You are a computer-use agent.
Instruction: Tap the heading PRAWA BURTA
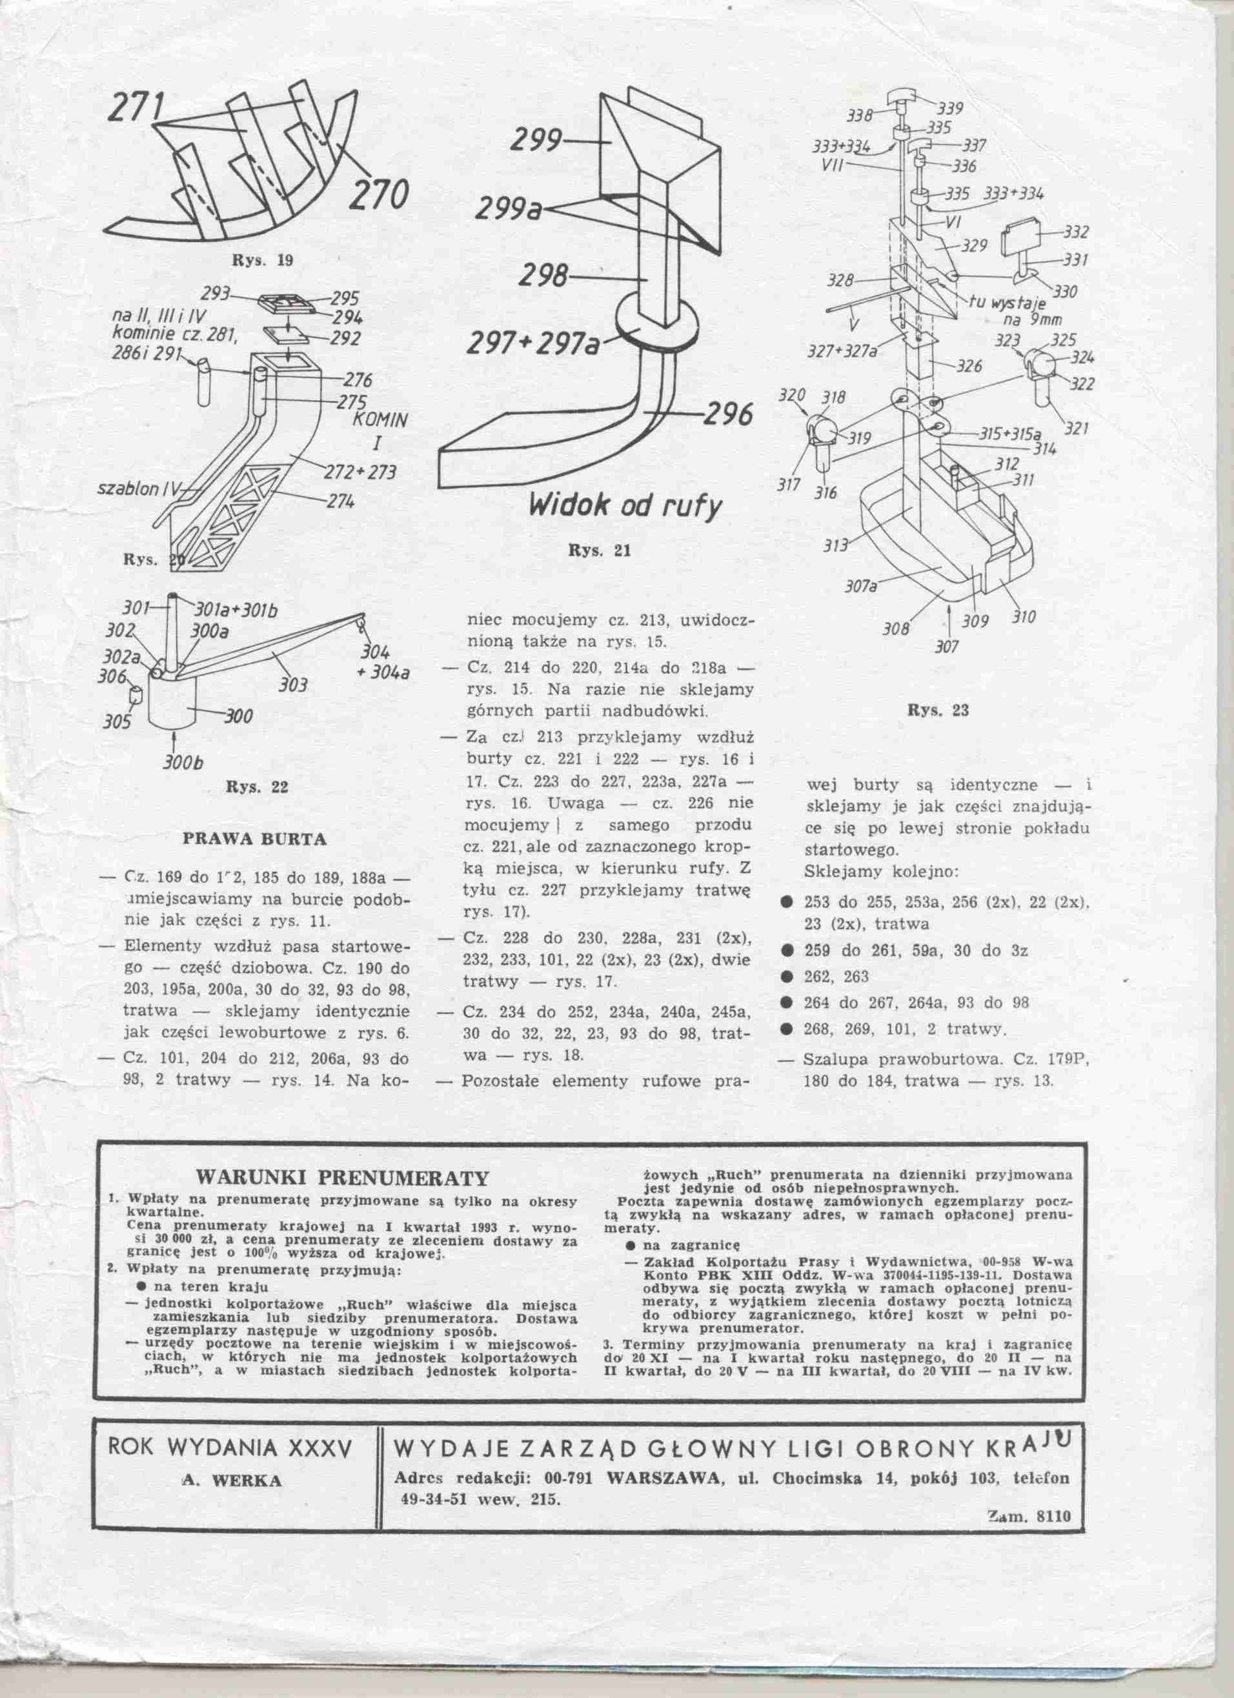click(254, 839)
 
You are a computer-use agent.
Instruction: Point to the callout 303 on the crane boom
click(294, 684)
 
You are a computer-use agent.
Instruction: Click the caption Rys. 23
click(938, 711)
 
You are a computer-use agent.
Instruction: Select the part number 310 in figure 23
click(1024, 618)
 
